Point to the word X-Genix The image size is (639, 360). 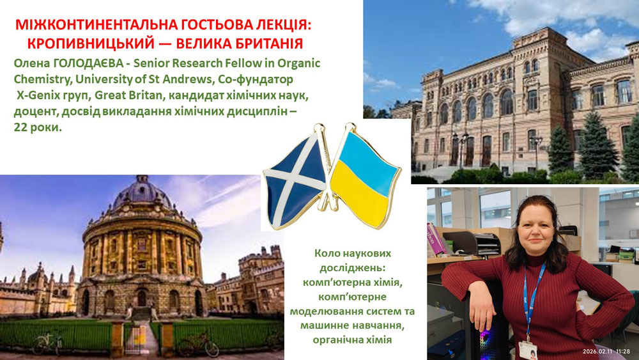pyautogui.click(x=40, y=95)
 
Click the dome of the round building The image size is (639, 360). pyautogui.click(x=141, y=192)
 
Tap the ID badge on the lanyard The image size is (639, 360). pyautogui.click(x=527, y=349)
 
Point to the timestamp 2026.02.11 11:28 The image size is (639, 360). pyautogui.click(x=606, y=352)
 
